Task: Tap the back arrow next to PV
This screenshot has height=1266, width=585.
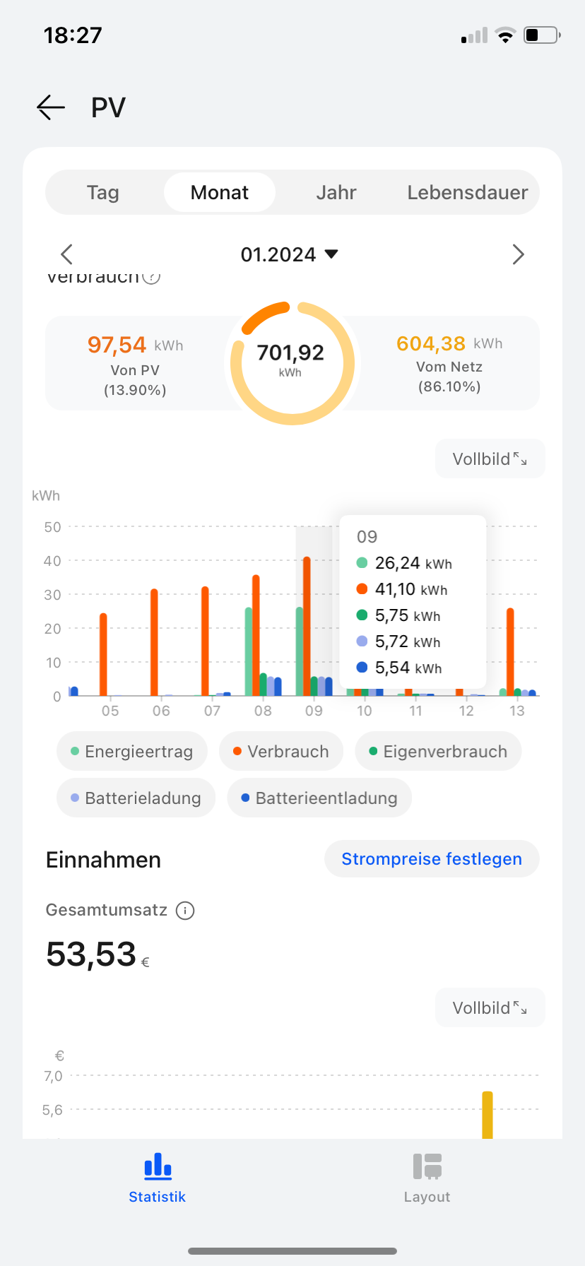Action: (x=51, y=107)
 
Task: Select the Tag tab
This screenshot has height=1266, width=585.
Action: (x=103, y=192)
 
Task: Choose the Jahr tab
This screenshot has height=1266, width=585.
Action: (x=336, y=192)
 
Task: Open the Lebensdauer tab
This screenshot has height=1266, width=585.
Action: (x=467, y=192)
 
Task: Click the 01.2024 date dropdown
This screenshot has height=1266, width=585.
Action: (x=290, y=254)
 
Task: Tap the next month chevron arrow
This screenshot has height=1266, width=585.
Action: (x=518, y=254)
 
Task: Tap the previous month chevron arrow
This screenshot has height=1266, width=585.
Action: (x=67, y=254)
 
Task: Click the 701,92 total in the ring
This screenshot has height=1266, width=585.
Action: (x=290, y=353)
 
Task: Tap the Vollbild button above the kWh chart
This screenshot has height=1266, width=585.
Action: (x=490, y=459)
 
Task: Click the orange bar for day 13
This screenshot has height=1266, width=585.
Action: (x=510, y=651)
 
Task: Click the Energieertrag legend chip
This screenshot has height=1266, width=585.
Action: (x=132, y=751)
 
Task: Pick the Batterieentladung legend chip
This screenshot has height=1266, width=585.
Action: (x=319, y=798)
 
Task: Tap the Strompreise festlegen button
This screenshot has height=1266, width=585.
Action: (x=432, y=858)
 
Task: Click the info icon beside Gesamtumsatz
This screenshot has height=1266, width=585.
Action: (x=185, y=911)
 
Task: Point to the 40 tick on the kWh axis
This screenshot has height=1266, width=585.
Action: (x=52, y=561)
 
